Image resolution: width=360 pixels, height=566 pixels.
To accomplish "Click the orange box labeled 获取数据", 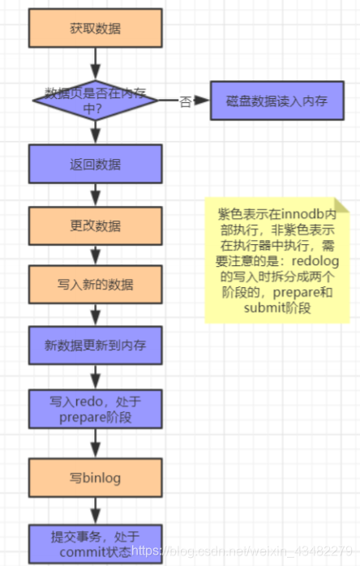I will (x=95, y=28).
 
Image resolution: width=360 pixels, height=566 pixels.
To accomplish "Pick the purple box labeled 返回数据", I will (x=95, y=164).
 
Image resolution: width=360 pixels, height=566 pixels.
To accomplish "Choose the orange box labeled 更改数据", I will (x=95, y=225).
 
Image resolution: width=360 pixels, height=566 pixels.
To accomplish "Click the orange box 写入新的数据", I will (x=95, y=285).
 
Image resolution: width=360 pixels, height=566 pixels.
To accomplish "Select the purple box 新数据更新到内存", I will (x=95, y=346).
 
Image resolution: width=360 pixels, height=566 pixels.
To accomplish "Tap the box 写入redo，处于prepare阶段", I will (x=95, y=410).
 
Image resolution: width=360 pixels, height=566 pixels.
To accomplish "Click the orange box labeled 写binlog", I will (x=95, y=478).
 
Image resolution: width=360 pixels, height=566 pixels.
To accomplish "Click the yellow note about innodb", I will (x=276, y=260).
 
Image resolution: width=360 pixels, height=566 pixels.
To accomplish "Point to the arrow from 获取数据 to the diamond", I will (x=96, y=61).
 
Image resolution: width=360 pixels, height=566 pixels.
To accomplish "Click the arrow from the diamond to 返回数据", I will (x=96, y=133).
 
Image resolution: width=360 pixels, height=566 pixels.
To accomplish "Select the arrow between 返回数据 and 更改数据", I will (x=96, y=195).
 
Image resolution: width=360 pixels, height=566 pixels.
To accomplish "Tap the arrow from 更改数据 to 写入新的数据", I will (x=96, y=255).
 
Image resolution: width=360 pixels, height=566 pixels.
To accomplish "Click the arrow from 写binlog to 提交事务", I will (x=96, y=511).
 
